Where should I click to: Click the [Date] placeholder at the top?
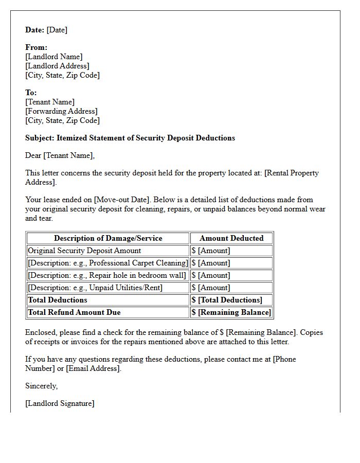coord(57,30)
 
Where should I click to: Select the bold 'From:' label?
coord(36,47)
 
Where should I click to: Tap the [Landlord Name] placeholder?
coord(53,57)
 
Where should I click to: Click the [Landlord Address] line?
coord(57,66)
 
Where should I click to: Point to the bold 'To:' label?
coord(31,93)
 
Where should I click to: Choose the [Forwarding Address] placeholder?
coord(61,111)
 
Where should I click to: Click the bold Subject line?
coord(130,138)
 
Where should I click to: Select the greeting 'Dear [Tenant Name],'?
coord(60,155)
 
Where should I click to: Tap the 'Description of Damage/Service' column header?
coord(108,238)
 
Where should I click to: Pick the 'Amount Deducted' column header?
coord(231,238)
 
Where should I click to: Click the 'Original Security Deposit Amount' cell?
coord(84,251)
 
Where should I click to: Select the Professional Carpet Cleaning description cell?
coord(108,263)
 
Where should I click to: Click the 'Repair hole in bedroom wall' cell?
coord(107,275)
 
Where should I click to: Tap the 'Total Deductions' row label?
coord(58,300)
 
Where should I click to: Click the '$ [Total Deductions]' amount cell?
coord(227,300)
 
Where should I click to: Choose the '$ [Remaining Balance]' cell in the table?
coord(231,312)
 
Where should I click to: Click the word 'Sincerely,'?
coord(41,386)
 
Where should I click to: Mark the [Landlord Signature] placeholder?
coord(60,403)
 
